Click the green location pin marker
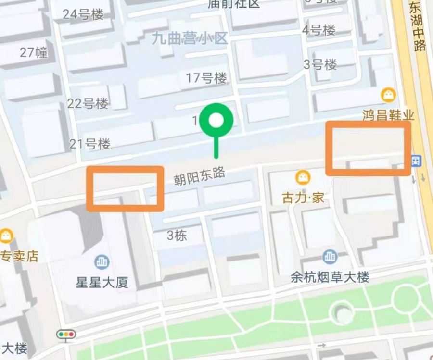click(x=216, y=121)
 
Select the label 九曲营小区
click(x=189, y=38)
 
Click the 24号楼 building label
click(x=83, y=14)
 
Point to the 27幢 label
click(x=34, y=52)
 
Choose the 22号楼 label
click(x=88, y=103)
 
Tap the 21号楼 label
click(x=90, y=143)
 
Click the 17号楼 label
click(x=206, y=78)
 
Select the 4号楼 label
click(x=318, y=30)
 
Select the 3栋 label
click(x=177, y=236)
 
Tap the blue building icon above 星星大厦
click(x=102, y=261)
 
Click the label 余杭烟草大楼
click(x=330, y=277)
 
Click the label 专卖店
click(x=19, y=256)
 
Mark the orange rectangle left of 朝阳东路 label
click(x=125, y=188)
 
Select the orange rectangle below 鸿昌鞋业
click(x=369, y=148)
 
